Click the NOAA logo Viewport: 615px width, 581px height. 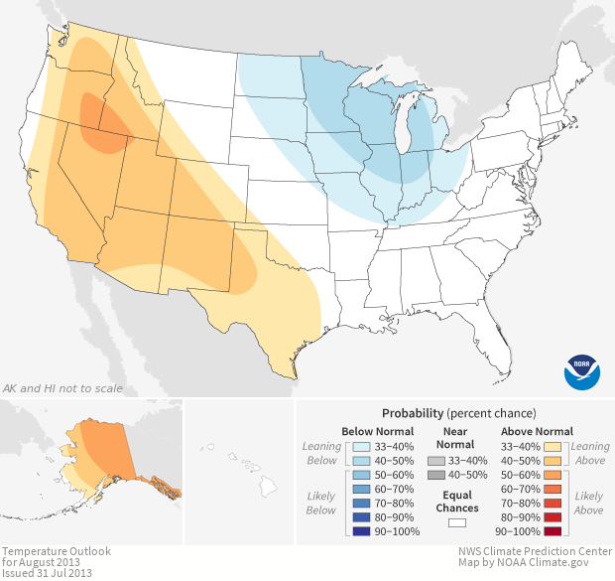[582, 369]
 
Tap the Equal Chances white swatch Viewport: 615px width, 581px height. [457, 520]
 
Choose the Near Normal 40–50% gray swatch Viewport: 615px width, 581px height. [435, 476]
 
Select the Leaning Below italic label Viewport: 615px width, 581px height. [321, 454]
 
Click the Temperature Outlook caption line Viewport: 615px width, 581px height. [56, 551]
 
